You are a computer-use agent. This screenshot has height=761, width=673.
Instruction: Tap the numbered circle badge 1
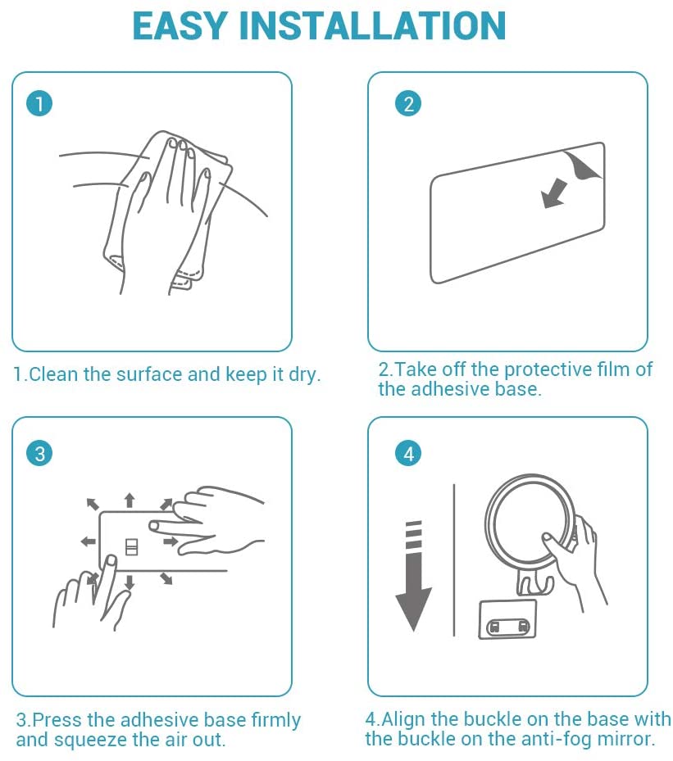point(39,103)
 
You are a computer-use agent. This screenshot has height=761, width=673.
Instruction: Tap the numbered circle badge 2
point(408,104)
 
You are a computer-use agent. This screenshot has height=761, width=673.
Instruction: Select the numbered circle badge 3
point(39,453)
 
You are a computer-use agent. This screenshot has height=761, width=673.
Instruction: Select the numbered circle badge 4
point(408,454)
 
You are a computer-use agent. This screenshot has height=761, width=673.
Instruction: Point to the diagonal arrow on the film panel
point(554,193)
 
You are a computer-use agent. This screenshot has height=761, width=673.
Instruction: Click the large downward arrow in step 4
point(413,576)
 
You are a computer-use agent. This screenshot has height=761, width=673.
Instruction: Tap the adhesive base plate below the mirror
point(508,619)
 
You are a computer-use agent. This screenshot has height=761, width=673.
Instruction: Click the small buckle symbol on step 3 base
point(132,546)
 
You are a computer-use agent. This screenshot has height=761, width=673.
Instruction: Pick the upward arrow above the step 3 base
point(130,500)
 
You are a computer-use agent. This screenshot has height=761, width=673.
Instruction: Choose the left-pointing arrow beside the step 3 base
point(88,541)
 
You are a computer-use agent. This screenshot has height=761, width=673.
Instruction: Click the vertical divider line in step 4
point(454,559)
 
